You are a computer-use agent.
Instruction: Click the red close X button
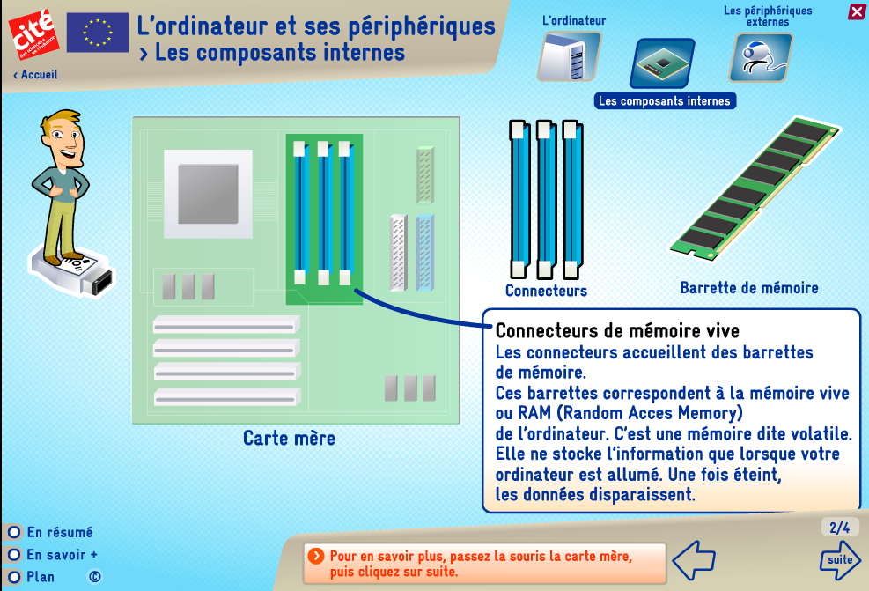click(857, 11)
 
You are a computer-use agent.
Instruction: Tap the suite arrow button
click(840, 560)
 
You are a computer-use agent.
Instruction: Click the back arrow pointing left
click(694, 560)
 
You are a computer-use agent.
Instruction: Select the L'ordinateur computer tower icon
click(569, 56)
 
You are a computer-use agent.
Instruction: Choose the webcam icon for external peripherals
click(761, 57)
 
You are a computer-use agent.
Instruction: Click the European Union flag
click(98, 33)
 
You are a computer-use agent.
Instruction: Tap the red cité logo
click(33, 33)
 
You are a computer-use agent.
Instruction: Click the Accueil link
click(35, 74)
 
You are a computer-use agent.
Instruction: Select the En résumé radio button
click(14, 532)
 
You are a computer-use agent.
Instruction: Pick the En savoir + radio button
click(14, 554)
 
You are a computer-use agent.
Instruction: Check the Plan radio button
click(14, 577)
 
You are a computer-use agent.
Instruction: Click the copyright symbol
click(95, 577)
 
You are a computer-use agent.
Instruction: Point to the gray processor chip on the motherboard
click(209, 194)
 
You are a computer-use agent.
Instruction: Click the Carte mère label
click(290, 438)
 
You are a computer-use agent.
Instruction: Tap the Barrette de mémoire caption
click(749, 288)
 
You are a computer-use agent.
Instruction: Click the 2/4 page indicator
click(840, 528)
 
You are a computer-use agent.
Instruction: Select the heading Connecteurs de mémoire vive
click(617, 331)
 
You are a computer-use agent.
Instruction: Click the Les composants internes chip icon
click(662, 63)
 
